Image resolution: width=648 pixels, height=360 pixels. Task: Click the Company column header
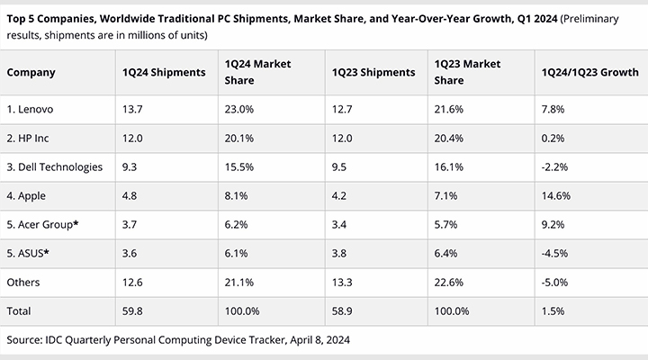[x=31, y=72]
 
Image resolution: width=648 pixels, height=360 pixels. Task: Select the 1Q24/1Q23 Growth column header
[x=590, y=72]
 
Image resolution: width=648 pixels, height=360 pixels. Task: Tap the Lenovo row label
[x=30, y=109]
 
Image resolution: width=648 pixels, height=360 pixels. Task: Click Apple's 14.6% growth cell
[x=556, y=195]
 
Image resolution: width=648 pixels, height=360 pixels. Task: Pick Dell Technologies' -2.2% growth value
[x=554, y=167]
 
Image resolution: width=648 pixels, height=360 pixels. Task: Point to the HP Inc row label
[x=28, y=138]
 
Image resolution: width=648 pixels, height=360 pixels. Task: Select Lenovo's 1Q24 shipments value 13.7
[x=132, y=109]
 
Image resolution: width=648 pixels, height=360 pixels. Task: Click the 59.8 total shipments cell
[x=132, y=310]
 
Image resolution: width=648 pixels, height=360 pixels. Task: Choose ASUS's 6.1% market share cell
[x=236, y=253]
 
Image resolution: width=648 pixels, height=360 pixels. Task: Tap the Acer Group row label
[x=42, y=224]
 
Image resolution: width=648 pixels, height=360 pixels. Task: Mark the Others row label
[x=23, y=283]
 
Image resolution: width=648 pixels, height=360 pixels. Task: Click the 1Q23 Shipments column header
[x=373, y=72]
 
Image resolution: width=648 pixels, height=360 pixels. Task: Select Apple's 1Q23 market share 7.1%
[x=445, y=195]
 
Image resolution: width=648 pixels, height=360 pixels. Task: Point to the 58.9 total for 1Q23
[x=342, y=310]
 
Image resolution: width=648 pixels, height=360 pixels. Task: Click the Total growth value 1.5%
[x=553, y=310]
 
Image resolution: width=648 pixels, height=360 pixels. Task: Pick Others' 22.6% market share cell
[x=449, y=283]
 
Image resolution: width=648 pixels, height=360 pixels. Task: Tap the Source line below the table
[x=178, y=339]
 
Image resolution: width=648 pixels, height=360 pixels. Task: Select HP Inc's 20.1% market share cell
[x=239, y=138]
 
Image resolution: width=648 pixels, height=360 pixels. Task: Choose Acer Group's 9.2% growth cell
[x=553, y=224]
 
